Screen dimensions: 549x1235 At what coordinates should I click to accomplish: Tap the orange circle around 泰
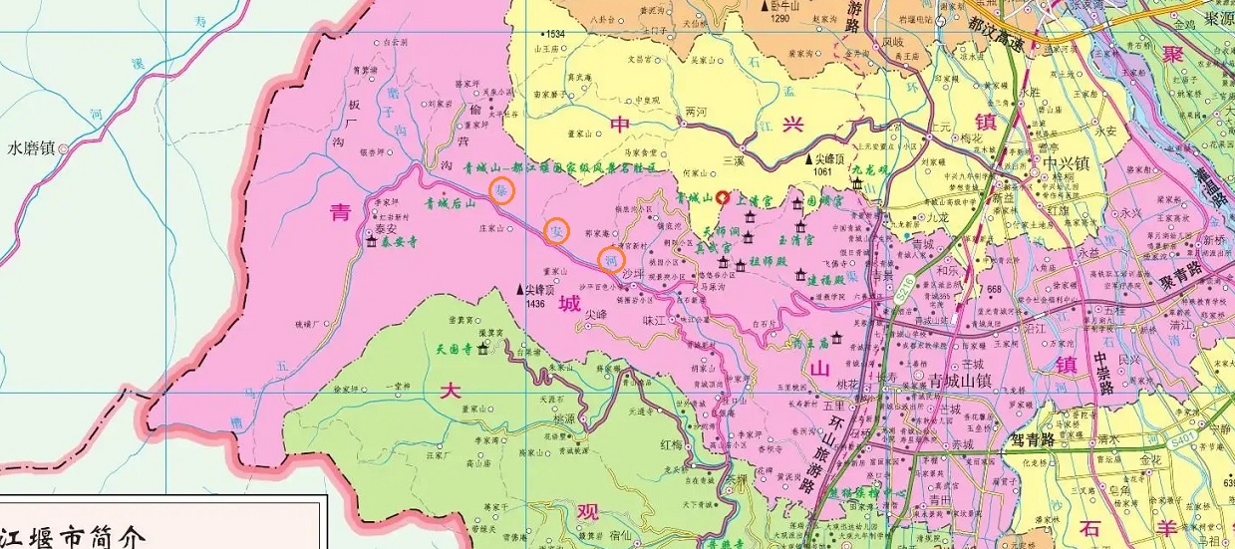(502, 190)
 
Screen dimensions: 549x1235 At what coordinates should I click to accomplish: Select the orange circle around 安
(558, 231)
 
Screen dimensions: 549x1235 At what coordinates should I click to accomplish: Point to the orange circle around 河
(611, 260)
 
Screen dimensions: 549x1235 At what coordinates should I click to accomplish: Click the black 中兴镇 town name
(1062, 162)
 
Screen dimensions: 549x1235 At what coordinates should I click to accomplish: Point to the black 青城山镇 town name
(963, 380)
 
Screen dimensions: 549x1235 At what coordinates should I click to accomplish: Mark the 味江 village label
(653, 320)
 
